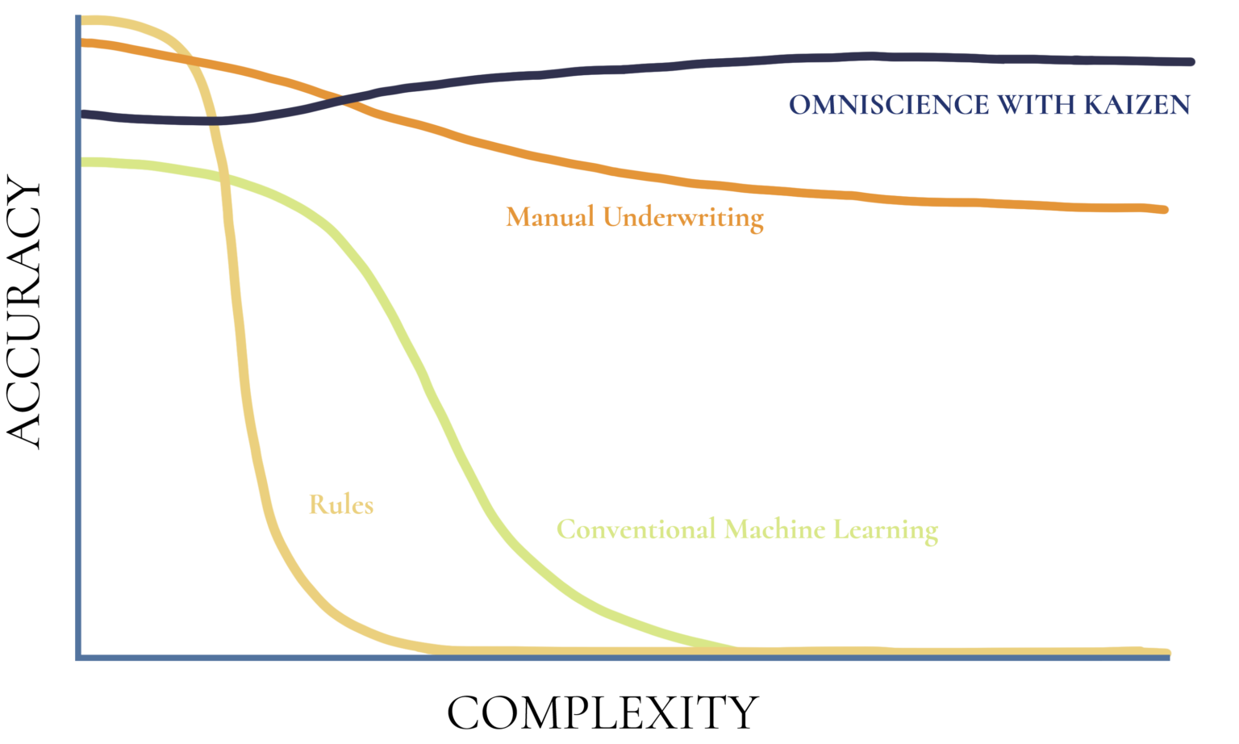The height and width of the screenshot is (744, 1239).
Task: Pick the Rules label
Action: click(341, 505)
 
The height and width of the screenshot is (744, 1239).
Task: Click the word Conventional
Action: click(636, 529)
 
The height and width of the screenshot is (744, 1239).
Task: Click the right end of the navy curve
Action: click(1191, 61)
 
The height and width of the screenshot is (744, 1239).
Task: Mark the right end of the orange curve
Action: click(1164, 210)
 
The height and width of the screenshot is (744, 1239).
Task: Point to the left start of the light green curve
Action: click(84, 162)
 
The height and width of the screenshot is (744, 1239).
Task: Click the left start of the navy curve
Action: click(84, 114)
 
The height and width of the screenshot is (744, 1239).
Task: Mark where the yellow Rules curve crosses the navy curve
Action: click(212, 121)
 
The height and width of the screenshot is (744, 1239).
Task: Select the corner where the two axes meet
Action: click(78, 657)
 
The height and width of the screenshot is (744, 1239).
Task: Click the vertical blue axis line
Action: click(78, 363)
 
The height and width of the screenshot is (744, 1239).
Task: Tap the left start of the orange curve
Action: click(84, 41)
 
